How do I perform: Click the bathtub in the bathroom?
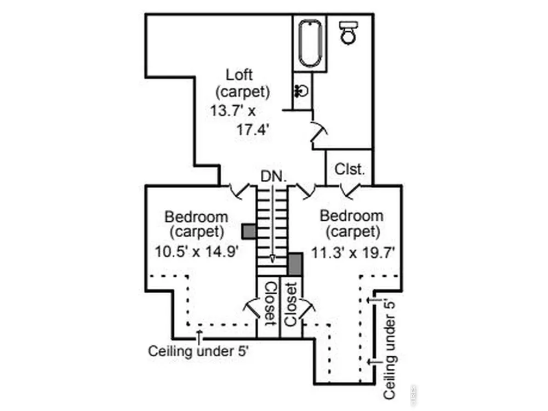(x=310, y=43)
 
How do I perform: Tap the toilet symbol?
(x=349, y=32)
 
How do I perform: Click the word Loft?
(x=239, y=75)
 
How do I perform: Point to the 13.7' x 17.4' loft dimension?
(x=240, y=120)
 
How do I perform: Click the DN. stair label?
(x=273, y=176)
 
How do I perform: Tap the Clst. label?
(x=350, y=169)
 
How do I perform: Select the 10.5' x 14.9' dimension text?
(x=197, y=252)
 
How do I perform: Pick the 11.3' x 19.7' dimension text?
(x=353, y=252)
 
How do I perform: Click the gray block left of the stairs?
(x=249, y=232)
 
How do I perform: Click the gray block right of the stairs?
(x=295, y=264)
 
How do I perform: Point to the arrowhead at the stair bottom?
(x=272, y=259)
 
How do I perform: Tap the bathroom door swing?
(x=319, y=132)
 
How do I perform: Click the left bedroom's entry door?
(x=240, y=191)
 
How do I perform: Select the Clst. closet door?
(x=350, y=191)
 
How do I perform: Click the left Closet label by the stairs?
(x=269, y=304)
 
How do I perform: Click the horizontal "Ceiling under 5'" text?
(x=198, y=351)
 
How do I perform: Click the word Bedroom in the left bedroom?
(x=196, y=216)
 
